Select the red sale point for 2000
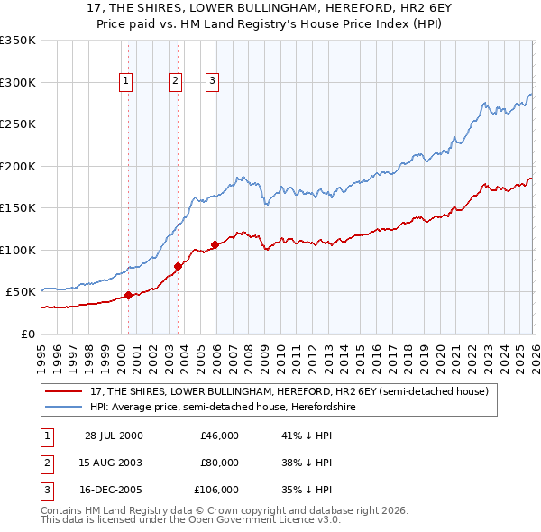[x=129, y=295]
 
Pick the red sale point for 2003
[x=178, y=266]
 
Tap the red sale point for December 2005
[x=215, y=244]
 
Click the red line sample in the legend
[x=65, y=391]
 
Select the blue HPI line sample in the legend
[x=65, y=407]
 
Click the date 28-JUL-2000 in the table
[x=114, y=436]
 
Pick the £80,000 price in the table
[x=219, y=463]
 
